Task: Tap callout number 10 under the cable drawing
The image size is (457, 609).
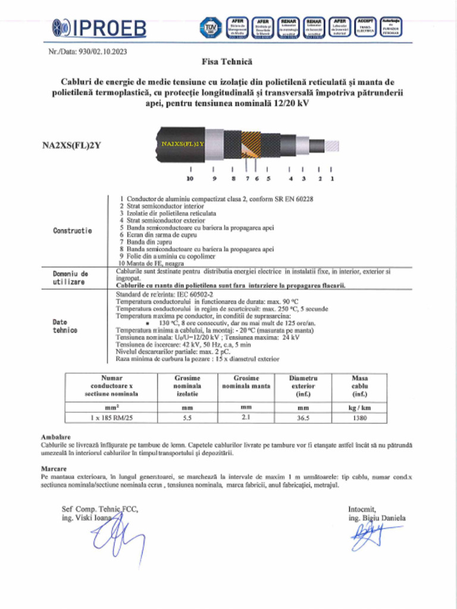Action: click(x=190, y=178)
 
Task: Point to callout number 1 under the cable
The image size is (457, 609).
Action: click(x=331, y=178)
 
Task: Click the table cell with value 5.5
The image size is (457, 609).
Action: click(x=187, y=418)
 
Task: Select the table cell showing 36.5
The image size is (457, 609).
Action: click(x=303, y=418)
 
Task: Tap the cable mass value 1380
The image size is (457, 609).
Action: click(x=360, y=418)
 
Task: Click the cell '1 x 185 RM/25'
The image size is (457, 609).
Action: click(x=110, y=418)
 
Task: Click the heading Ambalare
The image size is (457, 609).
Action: click(x=52, y=437)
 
